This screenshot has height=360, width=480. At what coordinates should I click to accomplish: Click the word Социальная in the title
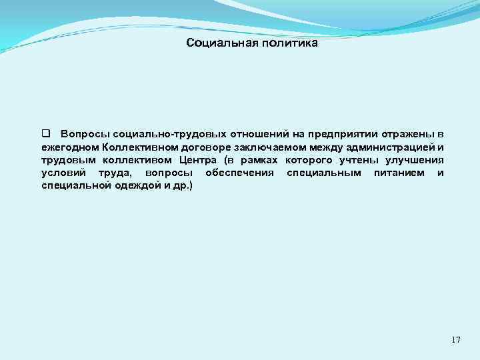[x=217, y=44]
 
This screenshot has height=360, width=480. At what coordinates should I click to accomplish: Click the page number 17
[x=455, y=340]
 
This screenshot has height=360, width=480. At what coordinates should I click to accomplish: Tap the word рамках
[x=261, y=161]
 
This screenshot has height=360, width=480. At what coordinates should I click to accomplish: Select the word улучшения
[x=417, y=161]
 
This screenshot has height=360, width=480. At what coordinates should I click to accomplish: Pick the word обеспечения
[x=240, y=173]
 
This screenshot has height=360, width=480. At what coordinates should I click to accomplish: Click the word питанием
[x=399, y=173]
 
